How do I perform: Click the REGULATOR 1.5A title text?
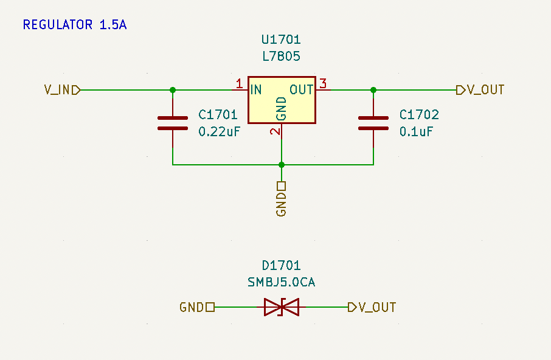74,25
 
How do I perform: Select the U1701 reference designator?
281,40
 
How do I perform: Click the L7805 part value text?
281,57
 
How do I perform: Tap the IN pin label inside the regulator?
256,90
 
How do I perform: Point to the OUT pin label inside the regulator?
301,90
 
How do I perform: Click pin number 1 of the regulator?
239,84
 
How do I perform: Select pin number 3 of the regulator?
323,84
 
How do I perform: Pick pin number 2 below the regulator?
275,131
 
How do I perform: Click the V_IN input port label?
57,90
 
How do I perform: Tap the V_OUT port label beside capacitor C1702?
485,90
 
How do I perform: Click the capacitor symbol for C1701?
173,123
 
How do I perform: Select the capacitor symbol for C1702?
373,123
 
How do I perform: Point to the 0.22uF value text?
220,132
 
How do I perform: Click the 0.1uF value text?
416,132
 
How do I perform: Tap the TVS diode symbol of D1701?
282,307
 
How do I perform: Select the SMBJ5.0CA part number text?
281,282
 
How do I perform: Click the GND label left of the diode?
192,307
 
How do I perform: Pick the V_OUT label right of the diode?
377,307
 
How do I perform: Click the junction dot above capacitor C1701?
173,90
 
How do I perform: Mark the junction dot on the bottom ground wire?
282,164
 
